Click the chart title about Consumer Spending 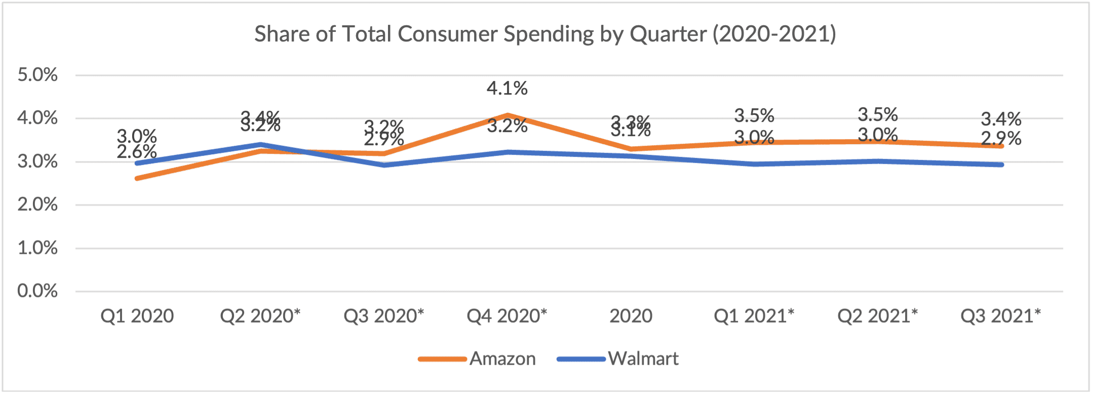[x=545, y=34]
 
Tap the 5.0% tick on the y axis [x=37, y=75]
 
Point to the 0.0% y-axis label [x=37, y=291]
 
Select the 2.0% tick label [x=37, y=204]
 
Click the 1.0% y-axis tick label [x=37, y=248]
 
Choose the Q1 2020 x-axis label [x=137, y=316]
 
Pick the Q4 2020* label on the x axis [x=506, y=316]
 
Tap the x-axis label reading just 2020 [x=631, y=316]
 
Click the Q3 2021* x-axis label [x=1000, y=316]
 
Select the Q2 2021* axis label [x=877, y=316]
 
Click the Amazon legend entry [x=501, y=359]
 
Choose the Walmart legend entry [x=643, y=359]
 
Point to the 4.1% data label [x=507, y=89]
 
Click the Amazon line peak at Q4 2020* [x=507, y=115]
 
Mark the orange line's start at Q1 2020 [x=137, y=178]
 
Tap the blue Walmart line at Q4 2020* [x=507, y=152]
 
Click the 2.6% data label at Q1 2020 [x=137, y=151]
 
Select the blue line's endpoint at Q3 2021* [x=1001, y=164]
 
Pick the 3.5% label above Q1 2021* [x=754, y=116]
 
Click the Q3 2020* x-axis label [x=383, y=316]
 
